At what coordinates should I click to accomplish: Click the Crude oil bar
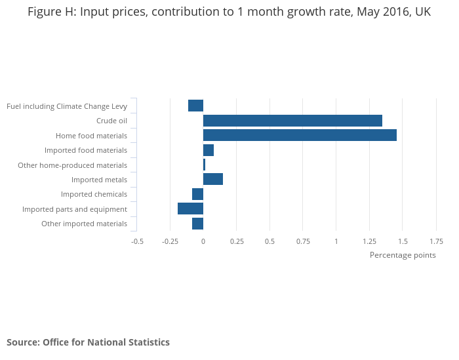pyautogui.click(x=292, y=121)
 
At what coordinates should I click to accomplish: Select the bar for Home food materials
pyautogui.click(x=300, y=135)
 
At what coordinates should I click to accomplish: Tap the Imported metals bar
pyautogui.click(x=213, y=180)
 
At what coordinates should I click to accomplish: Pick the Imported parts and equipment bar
pyautogui.click(x=190, y=209)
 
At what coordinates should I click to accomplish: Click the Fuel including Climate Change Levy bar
pyautogui.click(x=195, y=106)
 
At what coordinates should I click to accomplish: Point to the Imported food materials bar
pyautogui.click(x=209, y=150)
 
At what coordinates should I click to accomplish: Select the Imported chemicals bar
pyautogui.click(x=197, y=194)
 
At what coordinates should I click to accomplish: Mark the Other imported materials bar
pyautogui.click(x=197, y=224)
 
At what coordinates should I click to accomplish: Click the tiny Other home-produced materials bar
pyautogui.click(x=204, y=165)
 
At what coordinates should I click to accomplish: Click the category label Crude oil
pyautogui.click(x=111, y=121)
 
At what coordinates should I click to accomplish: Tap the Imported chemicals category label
pyautogui.click(x=94, y=194)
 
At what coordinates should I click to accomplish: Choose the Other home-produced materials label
pyautogui.click(x=72, y=165)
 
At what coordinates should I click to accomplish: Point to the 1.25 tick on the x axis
pyautogui.click(x=369, y=241)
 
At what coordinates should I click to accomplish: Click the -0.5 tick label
pyautogui.click(x=137, y=241)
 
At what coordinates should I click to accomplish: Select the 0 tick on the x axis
pyautogui.click(x=203, y=241)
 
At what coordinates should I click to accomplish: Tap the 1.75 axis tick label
pyautogui.click(x=435, y=241)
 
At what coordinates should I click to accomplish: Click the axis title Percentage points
pyautogui.click(x=403, y=255)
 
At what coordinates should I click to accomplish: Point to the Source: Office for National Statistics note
pyautogui.click(x=88, y=342)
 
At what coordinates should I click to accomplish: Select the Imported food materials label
pyautogui.click(x=86, y=150)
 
